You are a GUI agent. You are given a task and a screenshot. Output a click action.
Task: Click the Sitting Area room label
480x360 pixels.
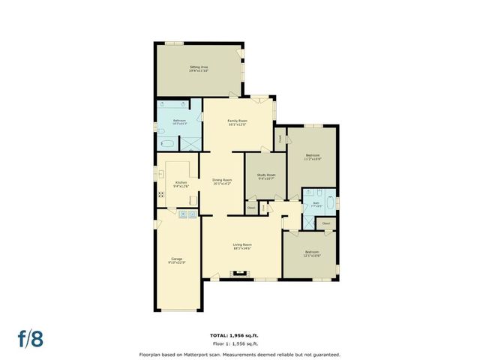(x=198, y=67)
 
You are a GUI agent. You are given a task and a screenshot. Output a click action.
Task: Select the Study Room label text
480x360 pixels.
(x=266, y=176)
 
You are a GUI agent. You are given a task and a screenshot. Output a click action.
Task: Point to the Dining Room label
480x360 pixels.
(x=222, y=179)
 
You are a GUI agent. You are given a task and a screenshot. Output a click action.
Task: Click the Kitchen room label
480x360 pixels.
(x=181, y=184)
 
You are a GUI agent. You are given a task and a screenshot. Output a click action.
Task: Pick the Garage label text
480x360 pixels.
(x=177, y=260)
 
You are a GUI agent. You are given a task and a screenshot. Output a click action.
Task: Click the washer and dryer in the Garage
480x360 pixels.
(x=187, y=214)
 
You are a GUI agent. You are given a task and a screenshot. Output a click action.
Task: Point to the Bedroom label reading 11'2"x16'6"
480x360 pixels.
(x=313, y=156)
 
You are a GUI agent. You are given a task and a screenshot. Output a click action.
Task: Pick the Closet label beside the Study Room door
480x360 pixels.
(x=251, y=205)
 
